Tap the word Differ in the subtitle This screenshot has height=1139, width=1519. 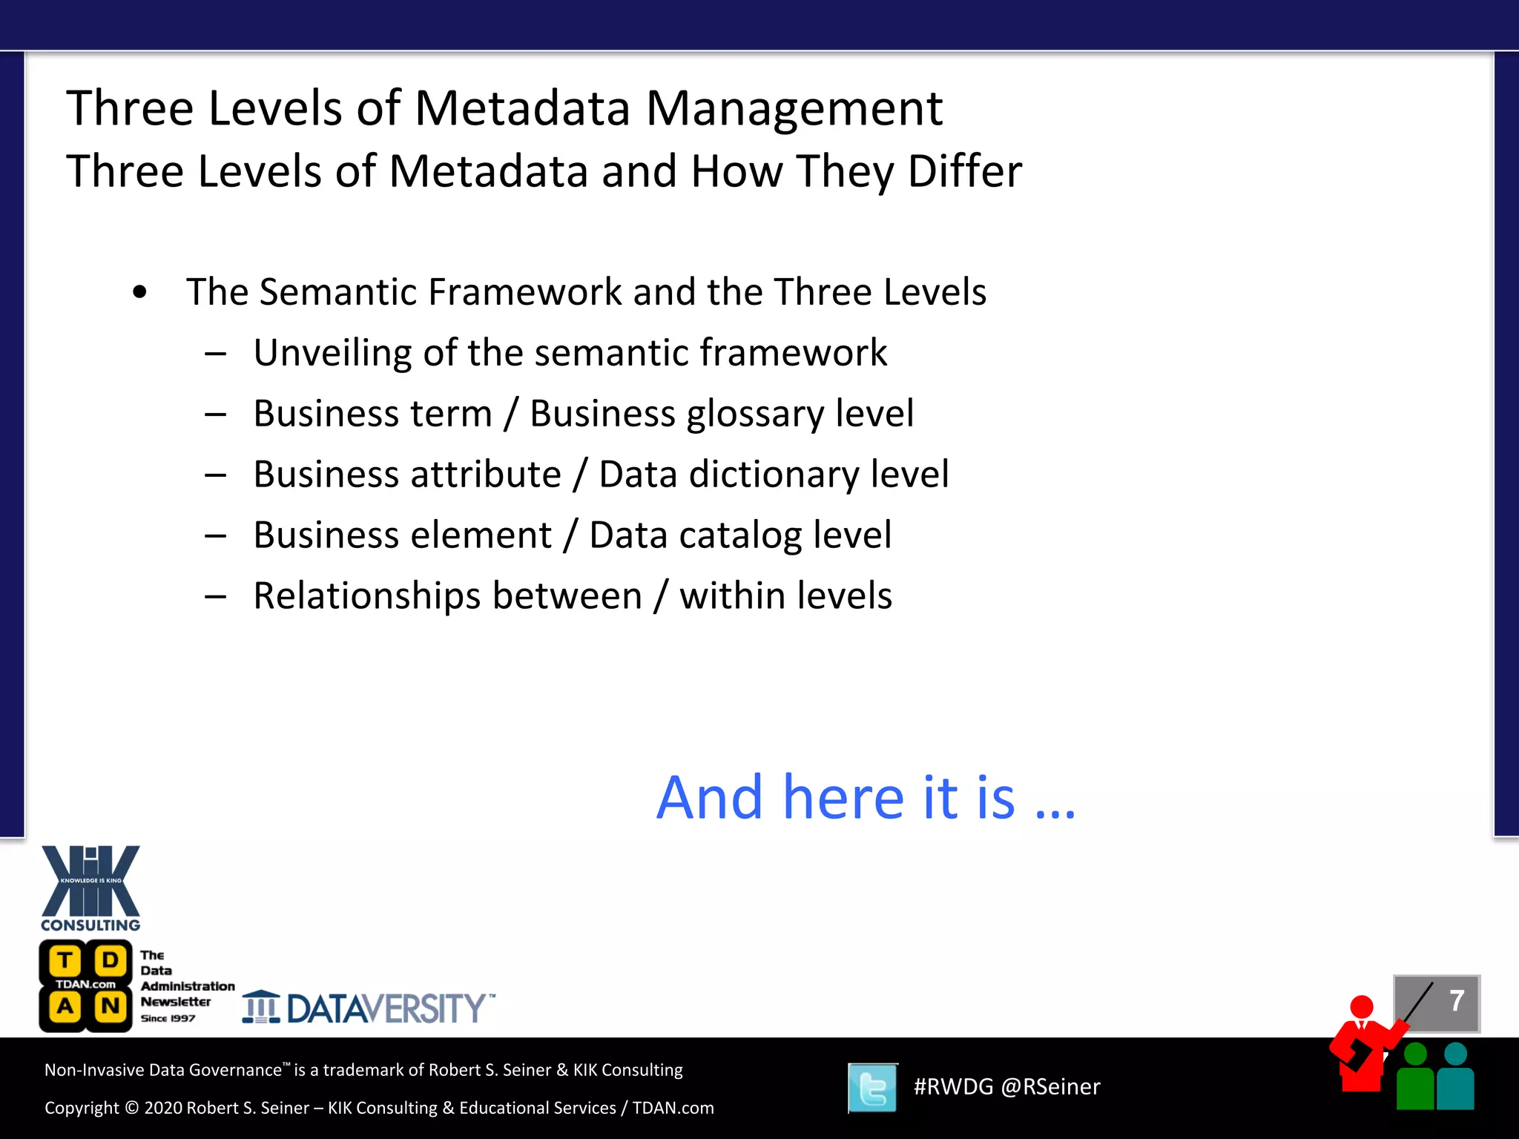tap(964, 172)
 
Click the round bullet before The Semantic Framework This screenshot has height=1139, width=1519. tap(139, 292)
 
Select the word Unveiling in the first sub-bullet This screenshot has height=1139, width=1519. tap(332, 353)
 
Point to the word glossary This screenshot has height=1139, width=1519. tap(755, 414)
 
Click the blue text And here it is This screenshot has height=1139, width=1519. tap(865, 798)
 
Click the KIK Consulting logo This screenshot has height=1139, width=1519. tap(90, 888)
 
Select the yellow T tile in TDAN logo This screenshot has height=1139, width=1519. tap(65, 961)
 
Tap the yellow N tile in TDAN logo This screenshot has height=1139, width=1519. tap(111, 1006)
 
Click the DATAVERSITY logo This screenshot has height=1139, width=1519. tap(369, 1008)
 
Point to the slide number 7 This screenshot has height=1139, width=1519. tap(1456, 1001)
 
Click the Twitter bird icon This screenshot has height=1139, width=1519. tap(872, 1088)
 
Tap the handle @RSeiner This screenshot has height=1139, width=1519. tap(1050, 1087)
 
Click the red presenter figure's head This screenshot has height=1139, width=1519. tap(1362, 1007)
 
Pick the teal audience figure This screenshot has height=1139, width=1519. tap(1455, 1079)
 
